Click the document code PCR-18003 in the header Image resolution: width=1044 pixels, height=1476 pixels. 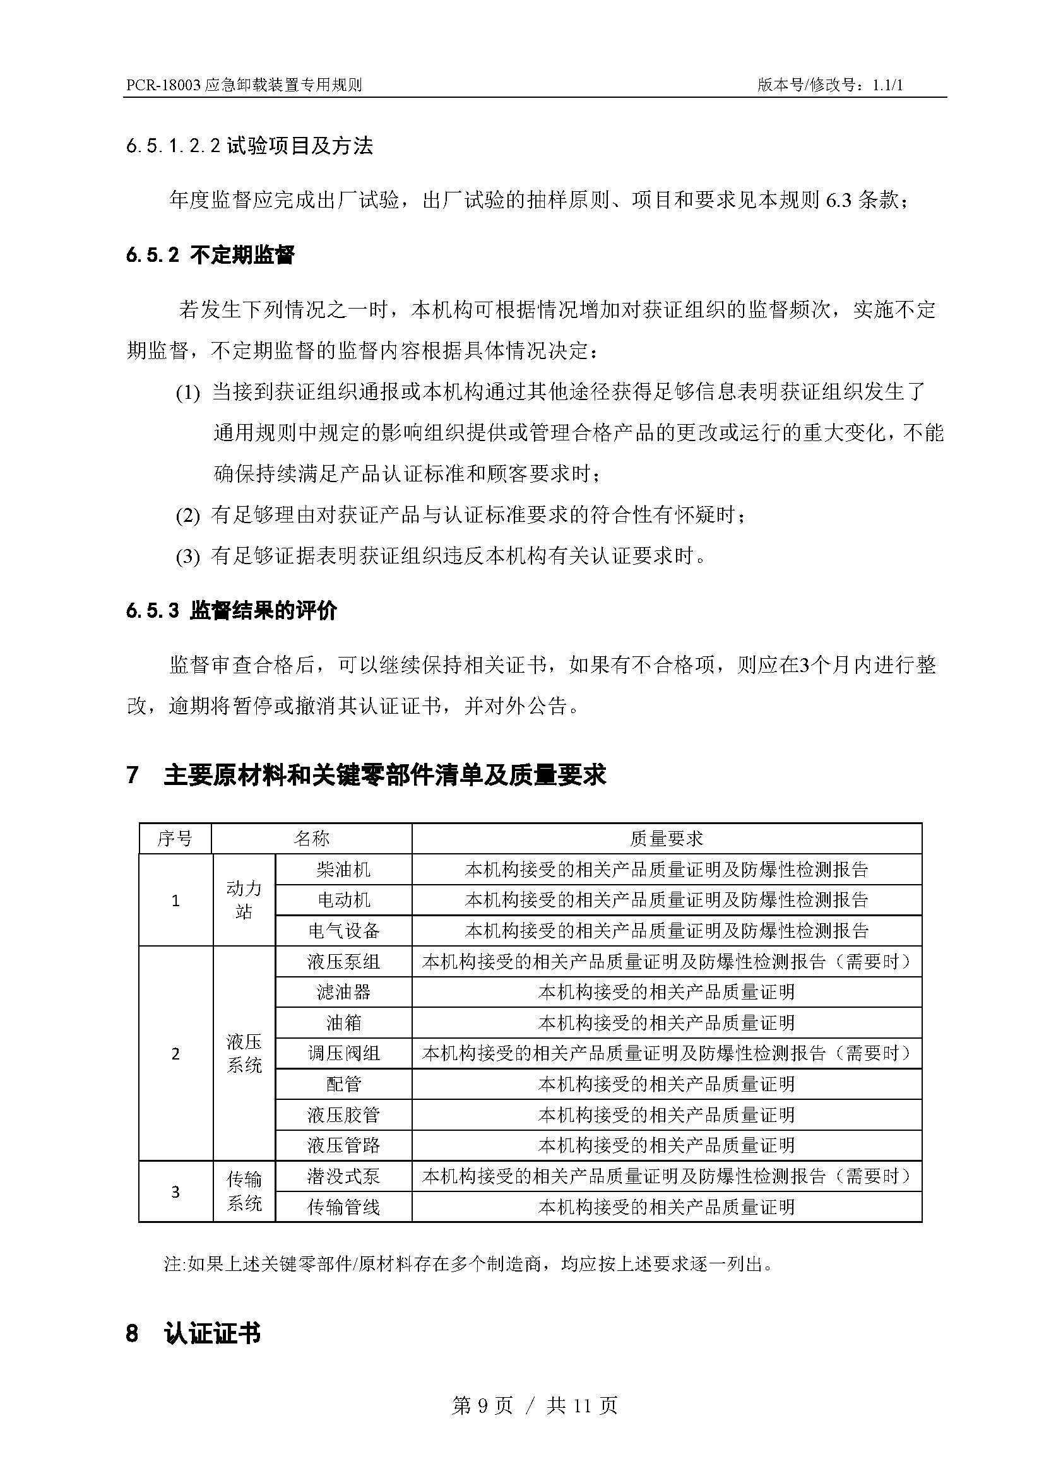(163, 85)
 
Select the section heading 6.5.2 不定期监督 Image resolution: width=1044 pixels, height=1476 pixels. (210, 255)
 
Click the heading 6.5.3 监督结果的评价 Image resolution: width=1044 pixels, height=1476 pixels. (232, 611)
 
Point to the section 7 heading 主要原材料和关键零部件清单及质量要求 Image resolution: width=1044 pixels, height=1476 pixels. (384, 775)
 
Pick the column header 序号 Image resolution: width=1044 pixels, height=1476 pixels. (175, 838)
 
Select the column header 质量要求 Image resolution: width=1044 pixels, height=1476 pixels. (666, 838)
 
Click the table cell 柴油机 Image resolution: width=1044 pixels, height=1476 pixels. (343, 869)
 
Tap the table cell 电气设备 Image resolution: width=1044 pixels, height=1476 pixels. (343, 930)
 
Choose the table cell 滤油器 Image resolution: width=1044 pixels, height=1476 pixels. (343, 992)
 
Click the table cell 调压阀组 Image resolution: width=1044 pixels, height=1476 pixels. (343, 1053)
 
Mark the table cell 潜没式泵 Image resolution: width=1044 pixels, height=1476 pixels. (343, 1176)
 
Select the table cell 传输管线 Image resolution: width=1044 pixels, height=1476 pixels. (343, 1207)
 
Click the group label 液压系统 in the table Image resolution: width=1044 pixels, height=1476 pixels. (244, 1053)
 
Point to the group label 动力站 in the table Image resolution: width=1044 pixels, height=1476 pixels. (244, 899)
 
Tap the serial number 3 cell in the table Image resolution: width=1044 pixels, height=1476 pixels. (175, 1191)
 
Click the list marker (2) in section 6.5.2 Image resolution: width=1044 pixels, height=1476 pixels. (187, 516)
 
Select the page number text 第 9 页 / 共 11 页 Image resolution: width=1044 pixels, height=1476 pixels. (534, 1405)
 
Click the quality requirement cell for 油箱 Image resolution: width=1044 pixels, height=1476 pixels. (666, 1023)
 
